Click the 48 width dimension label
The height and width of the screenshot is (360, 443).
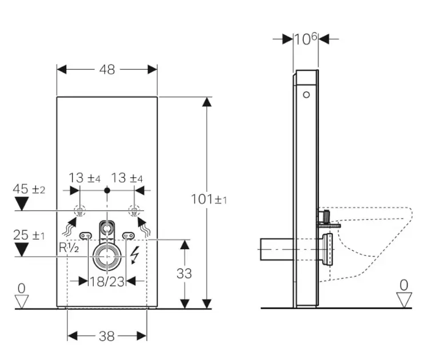pyautogui.click(x=107, y=70)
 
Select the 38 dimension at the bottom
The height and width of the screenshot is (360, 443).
pyautogui.click(x=107, y=336)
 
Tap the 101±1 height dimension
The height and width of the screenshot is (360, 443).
pyautogui.click(x=209, y=199)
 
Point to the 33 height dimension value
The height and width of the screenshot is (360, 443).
pyautogui.click(x=184, y=273)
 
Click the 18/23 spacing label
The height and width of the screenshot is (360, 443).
pyautogui.click(x=107, y=281)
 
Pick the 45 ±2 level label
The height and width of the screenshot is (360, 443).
pyautogui.click(x=29, y=189)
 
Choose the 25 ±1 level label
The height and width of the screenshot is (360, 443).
pyautogui.click(x=29, y=235)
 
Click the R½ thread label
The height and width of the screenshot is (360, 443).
pyautogui.click(x=69, y=247)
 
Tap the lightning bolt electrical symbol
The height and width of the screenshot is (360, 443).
pyautogui.click(x=135, y=255)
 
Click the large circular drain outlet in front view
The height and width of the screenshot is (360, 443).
pyautogui.click(x=107, y=257)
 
